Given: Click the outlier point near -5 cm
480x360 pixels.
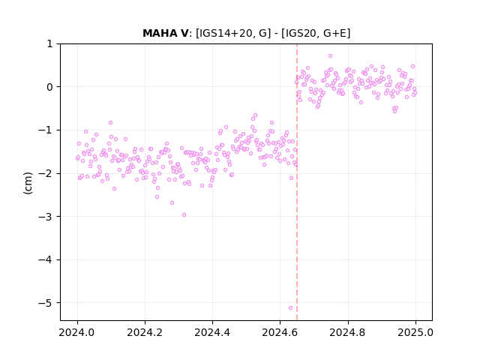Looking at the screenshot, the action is click(290, 307).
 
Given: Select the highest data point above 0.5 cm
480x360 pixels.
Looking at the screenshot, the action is click(330, 55).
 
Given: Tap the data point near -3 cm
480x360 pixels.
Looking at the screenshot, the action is click(184, 215).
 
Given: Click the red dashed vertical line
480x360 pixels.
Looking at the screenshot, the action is click(297, 182).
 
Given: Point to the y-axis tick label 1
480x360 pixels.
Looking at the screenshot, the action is click(49, 43).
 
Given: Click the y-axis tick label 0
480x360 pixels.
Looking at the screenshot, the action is click(49, 87).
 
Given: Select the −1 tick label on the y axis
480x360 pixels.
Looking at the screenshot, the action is click(45, 130).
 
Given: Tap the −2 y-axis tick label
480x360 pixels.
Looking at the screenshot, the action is click(45, 173).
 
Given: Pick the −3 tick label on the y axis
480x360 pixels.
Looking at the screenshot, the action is click(45, 217).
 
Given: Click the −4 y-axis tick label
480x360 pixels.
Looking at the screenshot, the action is click(45, 260).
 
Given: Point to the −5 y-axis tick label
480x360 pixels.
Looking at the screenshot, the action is click(45, 303).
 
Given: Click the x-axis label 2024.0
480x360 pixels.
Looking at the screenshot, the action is click(77, 332).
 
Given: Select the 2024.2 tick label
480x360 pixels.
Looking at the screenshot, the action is click(145, 332).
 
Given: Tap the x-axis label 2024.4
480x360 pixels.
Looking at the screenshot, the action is click(212, 332).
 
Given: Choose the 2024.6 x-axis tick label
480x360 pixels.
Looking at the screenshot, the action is click(280, 332).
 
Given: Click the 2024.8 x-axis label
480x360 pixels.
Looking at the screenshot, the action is click(348, 332).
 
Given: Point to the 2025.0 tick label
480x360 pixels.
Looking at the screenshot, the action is click(415, 332).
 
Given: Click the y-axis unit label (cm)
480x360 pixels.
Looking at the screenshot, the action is click(28, 183).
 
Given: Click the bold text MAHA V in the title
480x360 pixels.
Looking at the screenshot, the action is click(166, 33).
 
